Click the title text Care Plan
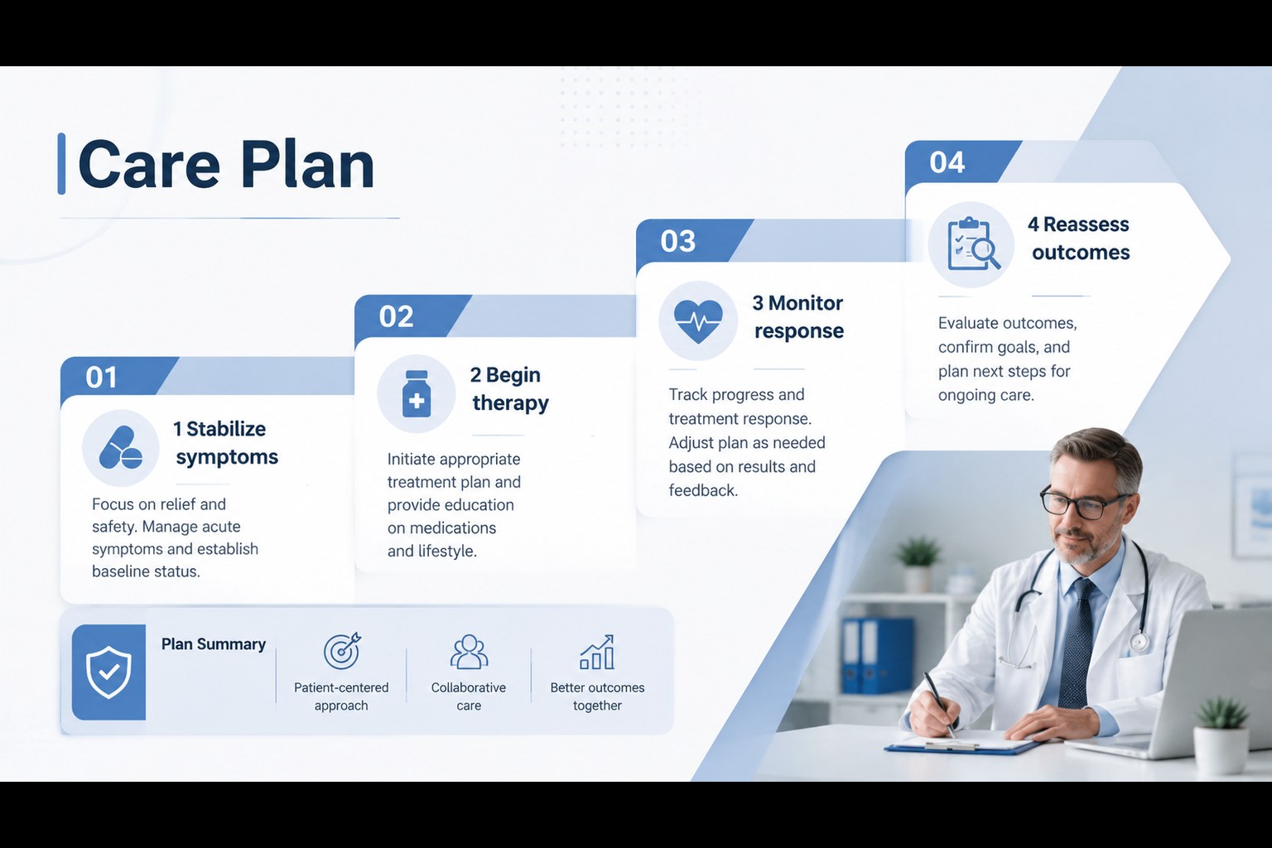point(226,165)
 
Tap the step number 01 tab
point(101,377)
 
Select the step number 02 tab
point(396,316)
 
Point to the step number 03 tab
point(677,241)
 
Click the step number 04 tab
point(947,162)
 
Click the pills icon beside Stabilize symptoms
point(121,448)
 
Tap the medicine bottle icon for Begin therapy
point(417,393)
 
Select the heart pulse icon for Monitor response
point(698,321)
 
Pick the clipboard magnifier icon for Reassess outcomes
point(973,244)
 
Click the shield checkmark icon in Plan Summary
point(108,672)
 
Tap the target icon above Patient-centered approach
point(342,651)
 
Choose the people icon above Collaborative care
point(469,652)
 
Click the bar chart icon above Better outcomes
point(597,652)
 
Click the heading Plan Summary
point(213,644)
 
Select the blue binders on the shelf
point(877,656)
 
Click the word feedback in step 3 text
point(703,490)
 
